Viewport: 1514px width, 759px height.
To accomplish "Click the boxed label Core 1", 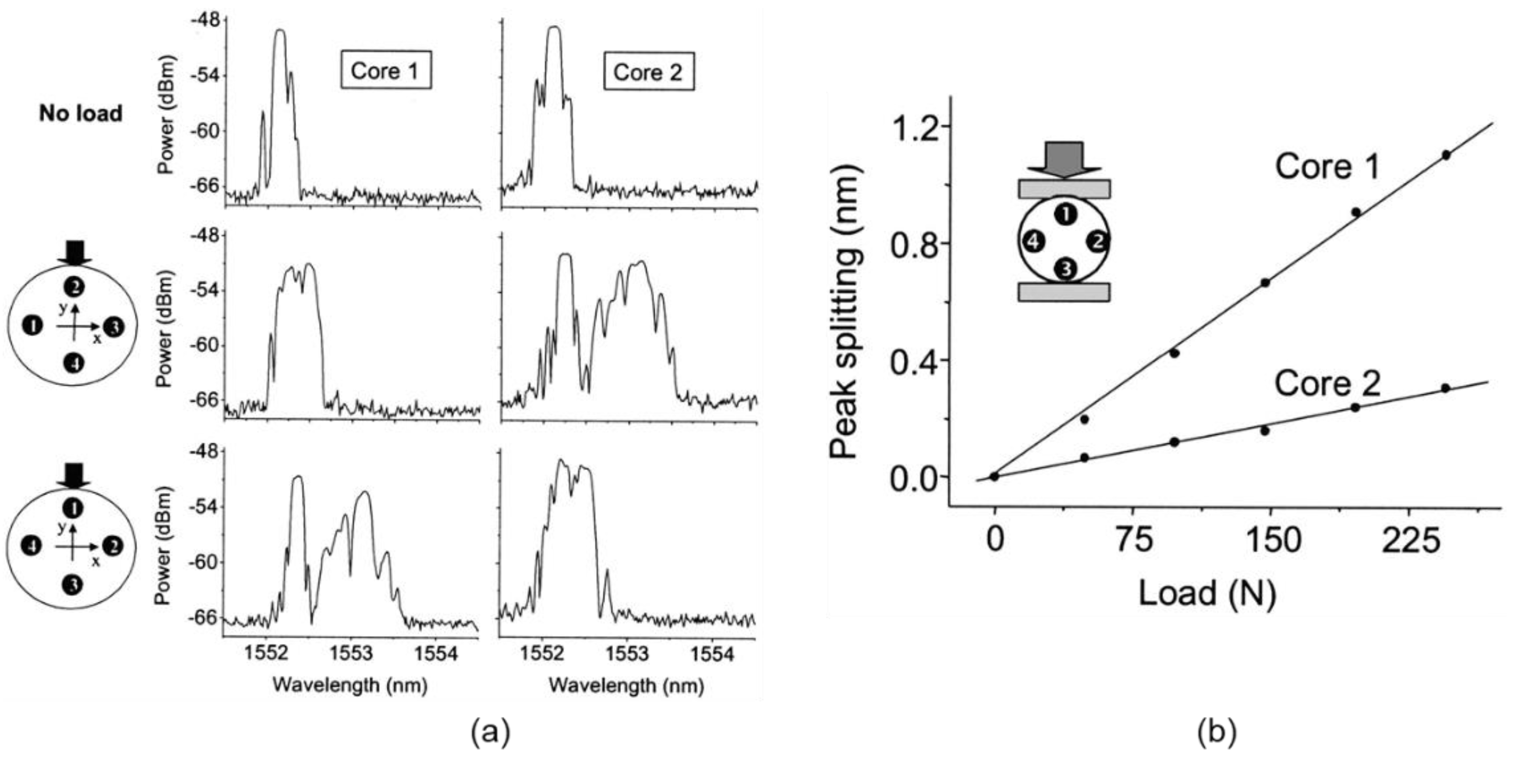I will tap(386, 71).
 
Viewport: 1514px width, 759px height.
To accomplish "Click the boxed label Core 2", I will tap(648, 72).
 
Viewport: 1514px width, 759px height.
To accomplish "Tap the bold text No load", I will tap(81, 113).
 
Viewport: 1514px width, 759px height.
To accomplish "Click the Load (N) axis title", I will tap(1208, 594).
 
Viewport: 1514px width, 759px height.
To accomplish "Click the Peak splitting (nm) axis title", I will tap(845, 312).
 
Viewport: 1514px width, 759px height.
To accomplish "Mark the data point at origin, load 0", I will tap(994, 476).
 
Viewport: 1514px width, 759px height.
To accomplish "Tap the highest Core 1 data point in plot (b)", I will tap(1446, 155).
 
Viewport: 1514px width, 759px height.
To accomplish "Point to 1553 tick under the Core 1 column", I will tap(350, 654).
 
